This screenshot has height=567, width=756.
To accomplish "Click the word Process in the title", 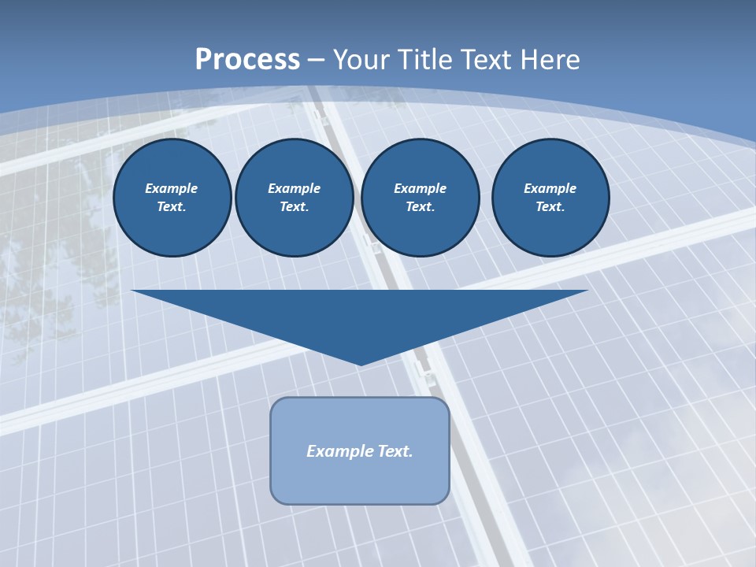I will (x=247, y=60).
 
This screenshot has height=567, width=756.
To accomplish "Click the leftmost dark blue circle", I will (x=172, y=198).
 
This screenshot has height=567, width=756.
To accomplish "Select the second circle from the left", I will (x=294, y=198).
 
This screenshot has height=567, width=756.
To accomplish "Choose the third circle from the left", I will (x=420, y=198).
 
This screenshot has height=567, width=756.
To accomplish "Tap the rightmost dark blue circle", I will (x=550, y=198).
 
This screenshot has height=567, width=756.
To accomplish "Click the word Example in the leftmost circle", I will (x=172, y=188).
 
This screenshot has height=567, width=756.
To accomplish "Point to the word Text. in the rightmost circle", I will (x=550, y=206).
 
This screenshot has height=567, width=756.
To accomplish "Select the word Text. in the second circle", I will (x=294, y=206).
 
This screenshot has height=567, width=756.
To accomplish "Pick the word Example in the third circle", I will (x=420, y=188).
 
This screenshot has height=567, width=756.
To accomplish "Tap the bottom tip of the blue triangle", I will (x=360, y=363).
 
